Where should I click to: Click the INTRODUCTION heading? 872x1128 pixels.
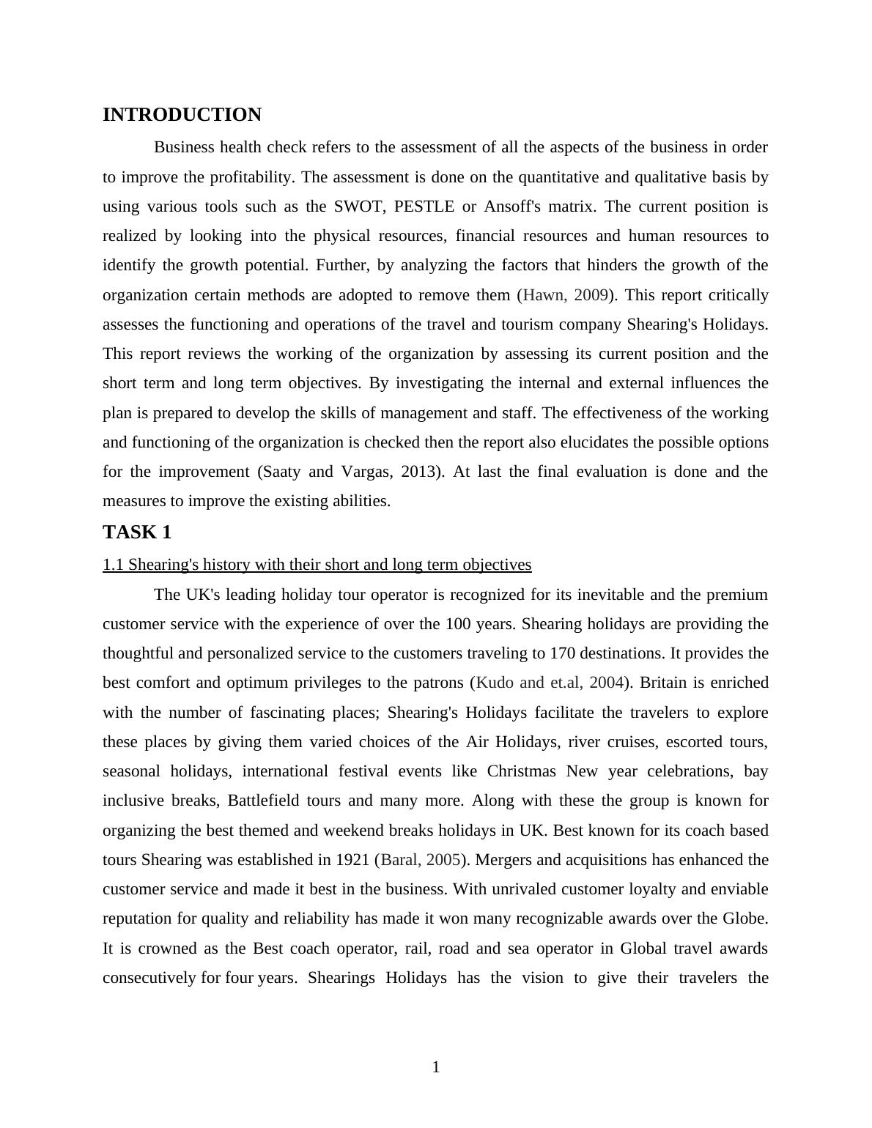(182, 115)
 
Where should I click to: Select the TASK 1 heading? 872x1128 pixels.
(137, 533)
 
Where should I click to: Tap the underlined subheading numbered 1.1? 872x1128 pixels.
(317, 565)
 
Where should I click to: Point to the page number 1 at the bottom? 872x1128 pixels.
(436, 1067)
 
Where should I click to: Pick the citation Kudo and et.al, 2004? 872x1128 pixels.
(550, 683)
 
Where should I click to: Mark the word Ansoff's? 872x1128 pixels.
(512, 207)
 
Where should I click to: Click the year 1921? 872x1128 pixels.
(352, 860)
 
